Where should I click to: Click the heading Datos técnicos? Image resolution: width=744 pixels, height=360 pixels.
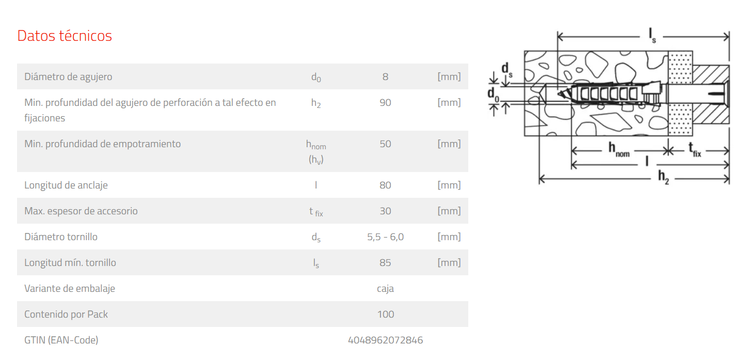coord(65,36)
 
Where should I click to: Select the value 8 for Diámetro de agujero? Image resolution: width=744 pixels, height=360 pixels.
coord(385,77)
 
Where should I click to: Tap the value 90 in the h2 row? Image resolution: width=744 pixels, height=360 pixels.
coord(385,102)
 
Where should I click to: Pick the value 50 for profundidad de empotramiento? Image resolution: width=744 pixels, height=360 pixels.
coord(385,144)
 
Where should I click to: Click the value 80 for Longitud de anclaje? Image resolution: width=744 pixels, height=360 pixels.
coord(385,185)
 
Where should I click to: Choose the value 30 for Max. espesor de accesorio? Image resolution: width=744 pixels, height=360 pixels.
coord(385,211)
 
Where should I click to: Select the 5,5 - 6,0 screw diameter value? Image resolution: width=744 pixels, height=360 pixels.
coord(385,237)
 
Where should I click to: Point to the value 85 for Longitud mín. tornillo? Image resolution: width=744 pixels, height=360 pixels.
coord(385,262)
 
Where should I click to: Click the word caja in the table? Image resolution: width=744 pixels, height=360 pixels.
coord(385,289)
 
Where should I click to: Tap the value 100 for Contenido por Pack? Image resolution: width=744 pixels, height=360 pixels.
coord(386,314)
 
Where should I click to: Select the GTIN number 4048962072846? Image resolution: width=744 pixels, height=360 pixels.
coord(385,340)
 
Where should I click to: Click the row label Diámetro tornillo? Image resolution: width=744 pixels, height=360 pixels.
coord(61,237)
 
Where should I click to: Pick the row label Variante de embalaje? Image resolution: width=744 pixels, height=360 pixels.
coord(70,289)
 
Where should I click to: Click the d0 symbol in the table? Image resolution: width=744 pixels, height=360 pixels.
coord(316,77)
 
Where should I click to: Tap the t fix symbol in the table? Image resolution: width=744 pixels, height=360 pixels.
coord(316,211)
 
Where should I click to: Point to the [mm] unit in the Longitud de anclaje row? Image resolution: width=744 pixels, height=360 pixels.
coord(449,185)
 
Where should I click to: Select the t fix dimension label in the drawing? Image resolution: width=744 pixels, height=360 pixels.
coord(694,149)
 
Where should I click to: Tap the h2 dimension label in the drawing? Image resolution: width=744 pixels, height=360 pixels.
coord(663,177)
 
